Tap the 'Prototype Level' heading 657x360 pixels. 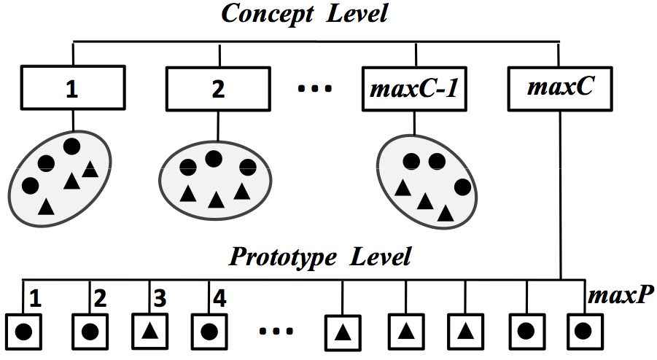[x=320, y=257]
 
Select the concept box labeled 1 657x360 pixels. [x=71, y=90]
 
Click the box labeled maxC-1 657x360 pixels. [x=414, y=90]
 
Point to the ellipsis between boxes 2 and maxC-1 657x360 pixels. [x=315, y=90]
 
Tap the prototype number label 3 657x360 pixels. [x=160, y=299]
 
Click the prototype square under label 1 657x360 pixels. [x=23, y=331]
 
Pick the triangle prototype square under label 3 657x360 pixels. [x=150, y=331]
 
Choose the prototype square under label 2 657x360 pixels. [x=90, y=331]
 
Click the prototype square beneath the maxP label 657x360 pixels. [x=583, y=331]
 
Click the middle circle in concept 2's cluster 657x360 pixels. [x=213, y=158]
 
